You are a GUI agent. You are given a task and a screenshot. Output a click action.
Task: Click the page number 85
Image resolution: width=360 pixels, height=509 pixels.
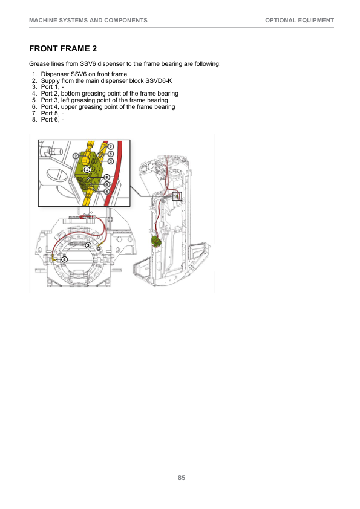[x=182, y=478]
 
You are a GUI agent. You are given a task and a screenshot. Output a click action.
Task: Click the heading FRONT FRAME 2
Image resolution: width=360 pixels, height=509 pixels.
[x=63, y=49]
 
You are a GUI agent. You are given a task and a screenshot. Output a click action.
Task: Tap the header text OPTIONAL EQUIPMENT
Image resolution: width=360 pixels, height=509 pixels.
[x=299, y=21]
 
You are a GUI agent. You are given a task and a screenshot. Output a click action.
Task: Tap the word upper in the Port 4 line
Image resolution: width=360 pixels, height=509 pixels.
[x=69, y=107]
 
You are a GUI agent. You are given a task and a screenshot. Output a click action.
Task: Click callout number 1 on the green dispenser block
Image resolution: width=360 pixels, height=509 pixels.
[x=87, y=169]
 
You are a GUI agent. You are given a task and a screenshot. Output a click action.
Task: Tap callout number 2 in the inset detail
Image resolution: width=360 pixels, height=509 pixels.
[x=76, y=156]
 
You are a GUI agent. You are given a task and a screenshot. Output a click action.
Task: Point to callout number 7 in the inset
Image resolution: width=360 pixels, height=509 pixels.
[x=111, y=147]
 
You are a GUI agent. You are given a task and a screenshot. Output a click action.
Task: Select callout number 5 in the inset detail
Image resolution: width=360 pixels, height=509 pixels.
[x=111, y=154]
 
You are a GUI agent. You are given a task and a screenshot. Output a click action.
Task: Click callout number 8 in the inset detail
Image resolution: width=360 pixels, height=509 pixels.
[x=107, y=177]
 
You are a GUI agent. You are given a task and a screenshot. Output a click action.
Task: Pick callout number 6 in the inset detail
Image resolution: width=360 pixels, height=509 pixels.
[x=107, y=184]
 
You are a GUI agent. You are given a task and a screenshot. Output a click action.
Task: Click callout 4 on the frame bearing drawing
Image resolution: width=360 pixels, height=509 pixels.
[x=64, y=259]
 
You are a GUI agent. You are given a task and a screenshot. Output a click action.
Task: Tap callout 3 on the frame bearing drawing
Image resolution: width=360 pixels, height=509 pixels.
[x=88, y=245]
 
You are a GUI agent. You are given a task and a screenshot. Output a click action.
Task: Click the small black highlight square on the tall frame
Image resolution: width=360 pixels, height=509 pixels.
[x=177, y=196]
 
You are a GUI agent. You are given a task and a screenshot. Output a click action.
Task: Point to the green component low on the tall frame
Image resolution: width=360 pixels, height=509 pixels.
[x=157, y=241]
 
